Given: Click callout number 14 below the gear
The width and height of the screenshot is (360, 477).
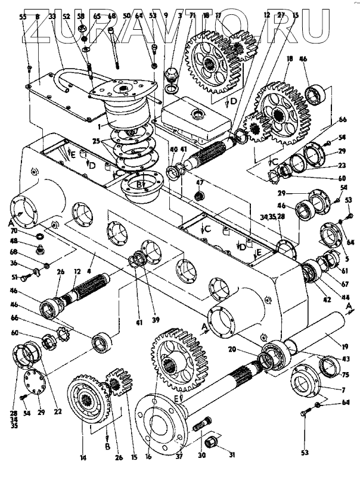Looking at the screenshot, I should point(84,458).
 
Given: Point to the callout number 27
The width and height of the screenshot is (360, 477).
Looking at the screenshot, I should point(278,17).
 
